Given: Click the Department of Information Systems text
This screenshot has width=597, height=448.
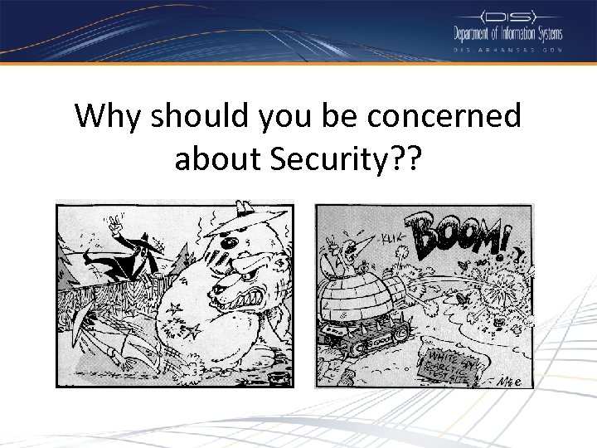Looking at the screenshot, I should coord(507,34).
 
